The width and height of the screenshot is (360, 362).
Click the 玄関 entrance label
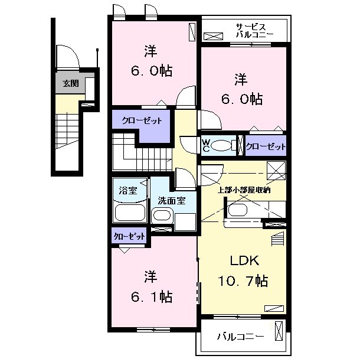[x=71, y=84]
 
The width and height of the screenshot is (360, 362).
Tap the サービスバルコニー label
[x=254, y=31]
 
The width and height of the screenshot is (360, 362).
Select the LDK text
[x=244, y=260]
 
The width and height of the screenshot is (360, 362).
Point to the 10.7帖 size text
[x=243, y=281]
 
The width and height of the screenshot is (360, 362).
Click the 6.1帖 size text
[x=152, y=296]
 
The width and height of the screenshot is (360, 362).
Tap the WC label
[x=205, y=146]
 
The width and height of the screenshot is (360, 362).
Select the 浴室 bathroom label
[x=128, y=190]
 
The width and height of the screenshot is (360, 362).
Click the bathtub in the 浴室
[x=130, y=212]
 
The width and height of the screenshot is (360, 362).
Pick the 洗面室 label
[x=172, y=201]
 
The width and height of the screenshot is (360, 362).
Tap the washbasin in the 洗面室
[x=162, y=216]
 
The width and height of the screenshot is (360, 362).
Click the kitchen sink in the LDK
[x=237, y=210]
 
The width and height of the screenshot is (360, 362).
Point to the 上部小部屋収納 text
[x=244, y=190]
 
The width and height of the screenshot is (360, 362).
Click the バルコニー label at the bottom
[x=240, y=337]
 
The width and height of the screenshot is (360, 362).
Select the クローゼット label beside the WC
[x=266, y=146]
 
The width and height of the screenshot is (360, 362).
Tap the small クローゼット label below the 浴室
[x=129, y=236]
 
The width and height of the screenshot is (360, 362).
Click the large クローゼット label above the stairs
[x=142, y=120]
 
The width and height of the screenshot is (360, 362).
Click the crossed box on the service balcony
[x=214, y=36]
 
